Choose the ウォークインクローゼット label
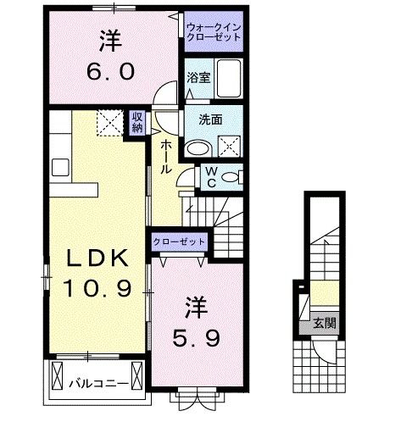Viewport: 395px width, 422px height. tap(213, 32)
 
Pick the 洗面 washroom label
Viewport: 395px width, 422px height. tap(212, 119)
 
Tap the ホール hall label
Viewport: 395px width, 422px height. tap(165, 158)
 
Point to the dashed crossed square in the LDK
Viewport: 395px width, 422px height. tap(108, 124)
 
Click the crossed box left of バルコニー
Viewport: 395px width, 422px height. tap(58, 374)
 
